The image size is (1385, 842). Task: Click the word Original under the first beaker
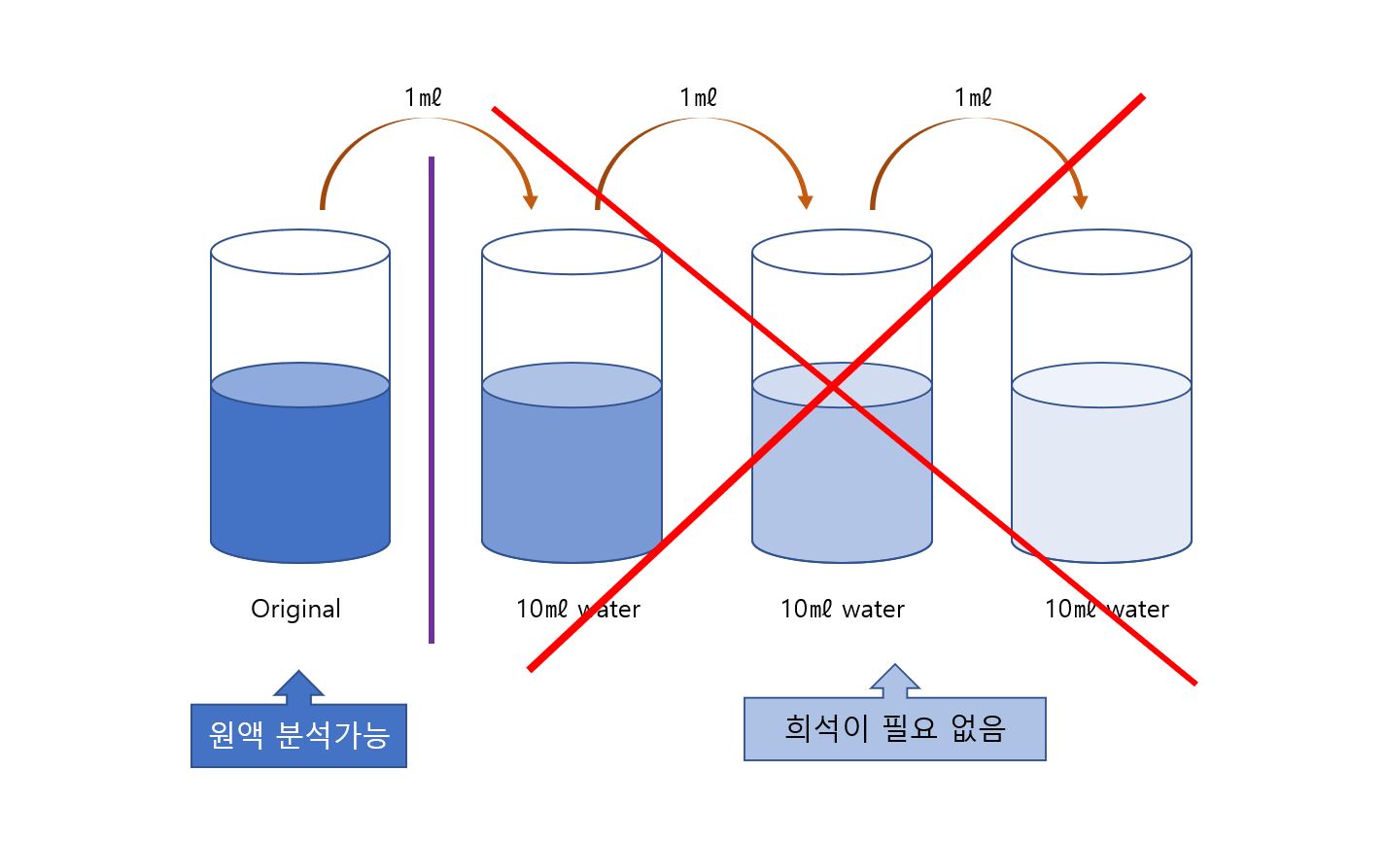(x=295, y=610)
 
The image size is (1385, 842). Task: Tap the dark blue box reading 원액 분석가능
(x=298, y=736)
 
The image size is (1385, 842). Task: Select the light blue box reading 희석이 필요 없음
(x=894, y=728)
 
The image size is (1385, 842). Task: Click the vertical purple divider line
(x=432, y=399)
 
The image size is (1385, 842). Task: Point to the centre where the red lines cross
(x=833, y=388)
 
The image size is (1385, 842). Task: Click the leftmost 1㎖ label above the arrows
(x=424, y=97)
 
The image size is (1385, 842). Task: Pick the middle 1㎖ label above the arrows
(x=698, y=97)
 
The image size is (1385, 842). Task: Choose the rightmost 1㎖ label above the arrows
(x=973, y=97)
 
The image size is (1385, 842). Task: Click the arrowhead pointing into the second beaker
(x=530, y=201)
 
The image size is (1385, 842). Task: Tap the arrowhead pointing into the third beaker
(x=806, y=201)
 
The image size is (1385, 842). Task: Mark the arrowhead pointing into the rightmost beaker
(x=1080, y=201)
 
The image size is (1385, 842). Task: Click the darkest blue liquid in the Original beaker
(x=300, y=476)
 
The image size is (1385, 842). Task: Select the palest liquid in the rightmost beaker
(x=1101, y=476)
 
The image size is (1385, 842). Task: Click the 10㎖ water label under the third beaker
(x=843, y=610)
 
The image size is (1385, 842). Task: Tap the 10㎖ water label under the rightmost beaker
(x=1106, y=610)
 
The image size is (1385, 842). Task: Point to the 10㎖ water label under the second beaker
(x=578, y=610)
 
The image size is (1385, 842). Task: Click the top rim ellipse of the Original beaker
(x=300, y=252)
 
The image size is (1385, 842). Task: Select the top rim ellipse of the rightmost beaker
(x=1101, y=252)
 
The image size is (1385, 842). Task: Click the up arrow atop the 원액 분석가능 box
(x=298, y=686)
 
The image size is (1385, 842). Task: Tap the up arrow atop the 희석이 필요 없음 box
(x=894, y=681)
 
